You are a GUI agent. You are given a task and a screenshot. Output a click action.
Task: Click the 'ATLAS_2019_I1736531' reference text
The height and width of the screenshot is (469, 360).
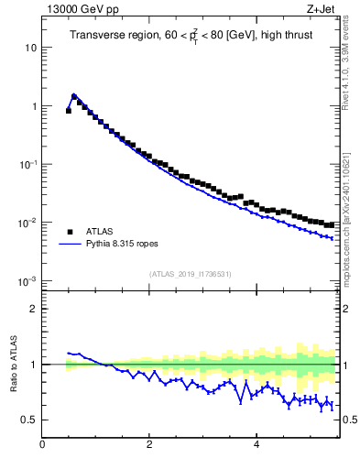point(190,274)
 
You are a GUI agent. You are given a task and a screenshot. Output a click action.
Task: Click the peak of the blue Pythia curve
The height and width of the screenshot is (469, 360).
point(74,94)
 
